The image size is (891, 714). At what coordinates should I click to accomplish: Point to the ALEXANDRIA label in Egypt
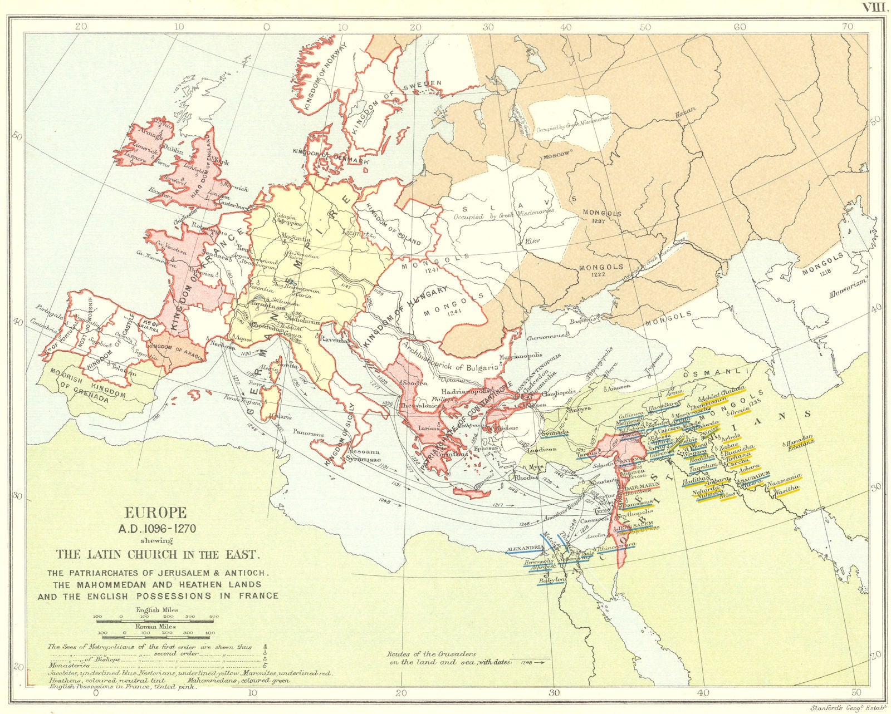tap(525, 548)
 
